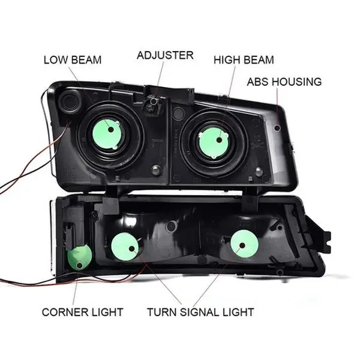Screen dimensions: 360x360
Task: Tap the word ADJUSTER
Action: [x=165, y=55]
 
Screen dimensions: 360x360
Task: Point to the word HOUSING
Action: [x=299, y=82]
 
